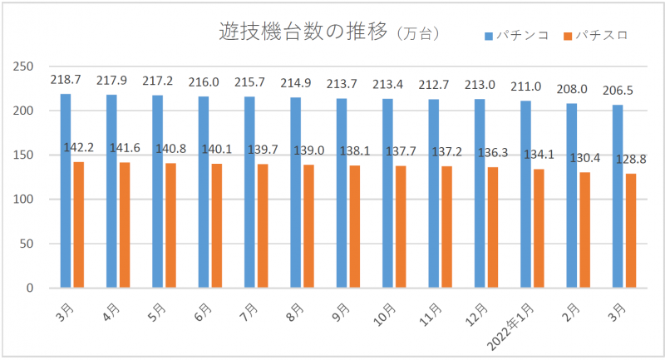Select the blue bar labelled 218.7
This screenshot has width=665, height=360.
click(x=66, y=191)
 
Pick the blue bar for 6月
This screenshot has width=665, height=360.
click(x=204, y=192)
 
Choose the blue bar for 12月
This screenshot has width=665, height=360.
click(x=480, y=194)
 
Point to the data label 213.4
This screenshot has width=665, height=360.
click(x=388, y=84)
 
